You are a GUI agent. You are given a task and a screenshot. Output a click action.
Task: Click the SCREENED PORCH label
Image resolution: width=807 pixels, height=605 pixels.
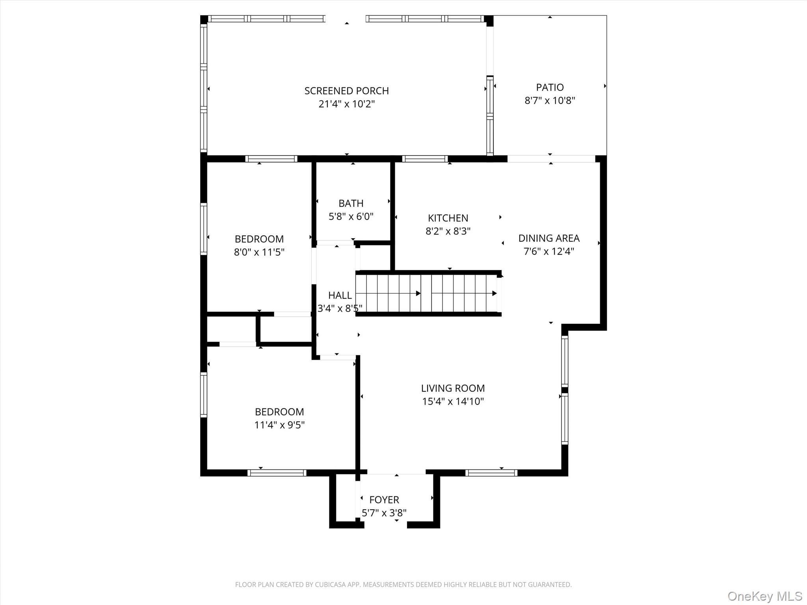[x=346, y=91]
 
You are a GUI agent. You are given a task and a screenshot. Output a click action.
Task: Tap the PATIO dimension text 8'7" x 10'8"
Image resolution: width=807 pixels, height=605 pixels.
[x=550, y=100]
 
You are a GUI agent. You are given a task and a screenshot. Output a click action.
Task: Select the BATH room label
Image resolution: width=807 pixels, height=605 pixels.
[x=351, y=203]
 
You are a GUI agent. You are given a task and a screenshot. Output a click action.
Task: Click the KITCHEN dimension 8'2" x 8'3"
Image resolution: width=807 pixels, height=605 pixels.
[x=448, y=231]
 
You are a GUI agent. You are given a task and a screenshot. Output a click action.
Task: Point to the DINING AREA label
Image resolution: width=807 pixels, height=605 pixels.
[x=549, y=238]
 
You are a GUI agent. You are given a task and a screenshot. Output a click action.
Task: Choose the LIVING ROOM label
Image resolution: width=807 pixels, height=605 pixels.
[x=453, y=388]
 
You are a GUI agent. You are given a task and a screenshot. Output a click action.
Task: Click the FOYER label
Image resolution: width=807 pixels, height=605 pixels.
[x=384, y=500]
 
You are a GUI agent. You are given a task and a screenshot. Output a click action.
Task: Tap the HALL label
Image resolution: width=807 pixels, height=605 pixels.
[x=340, y=295]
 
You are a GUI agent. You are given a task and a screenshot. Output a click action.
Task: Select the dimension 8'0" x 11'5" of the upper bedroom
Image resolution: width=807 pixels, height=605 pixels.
[x=259, y=252]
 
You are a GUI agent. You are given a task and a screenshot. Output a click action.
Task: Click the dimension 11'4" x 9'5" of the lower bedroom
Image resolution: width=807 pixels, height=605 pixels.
[x=279, y=425]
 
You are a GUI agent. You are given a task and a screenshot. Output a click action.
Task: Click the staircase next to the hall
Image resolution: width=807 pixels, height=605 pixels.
[x=428, y=293]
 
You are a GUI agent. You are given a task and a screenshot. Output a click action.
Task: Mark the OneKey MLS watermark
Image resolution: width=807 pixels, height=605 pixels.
[x=764, y=596]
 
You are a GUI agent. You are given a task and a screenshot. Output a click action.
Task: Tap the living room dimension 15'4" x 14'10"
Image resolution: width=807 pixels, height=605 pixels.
[x=453, y=401]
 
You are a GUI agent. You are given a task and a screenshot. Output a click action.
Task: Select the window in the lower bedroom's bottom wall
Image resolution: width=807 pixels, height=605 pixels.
[x=277, y=473]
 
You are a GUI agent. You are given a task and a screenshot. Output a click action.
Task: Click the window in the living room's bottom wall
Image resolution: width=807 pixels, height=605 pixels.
[x=491, y=473]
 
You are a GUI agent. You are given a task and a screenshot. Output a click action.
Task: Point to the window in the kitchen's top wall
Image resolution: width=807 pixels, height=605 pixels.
[x=425, y=159]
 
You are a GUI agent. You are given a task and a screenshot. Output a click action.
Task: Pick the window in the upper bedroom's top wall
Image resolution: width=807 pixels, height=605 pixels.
[x=271, y=159]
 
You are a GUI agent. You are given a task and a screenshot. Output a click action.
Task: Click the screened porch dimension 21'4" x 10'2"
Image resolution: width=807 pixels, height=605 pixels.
[x=346, y=104]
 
